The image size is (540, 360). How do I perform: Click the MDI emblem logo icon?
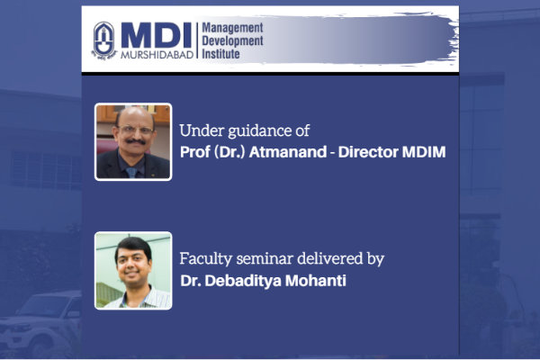pyautogui.click(x=103, y=40)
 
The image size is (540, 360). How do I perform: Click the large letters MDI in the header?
pyautogui.click(x=157, y=35)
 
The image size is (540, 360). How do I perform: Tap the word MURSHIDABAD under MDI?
pyautogui.click(x=157, y=54)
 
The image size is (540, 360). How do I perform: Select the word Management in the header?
pyautogui.click(x=232, y=28)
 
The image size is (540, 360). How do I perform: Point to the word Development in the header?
pyautogui.click(x=232, y=41)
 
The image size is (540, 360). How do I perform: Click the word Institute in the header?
pyautogui.click(x=220, y=54)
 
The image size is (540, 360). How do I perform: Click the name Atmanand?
pyautogui.click(x=288, y=152)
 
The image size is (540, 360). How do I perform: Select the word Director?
pyautogui.click(x=368, y=152)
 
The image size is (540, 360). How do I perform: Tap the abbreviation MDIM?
pyautogui.click(x=424, y=152)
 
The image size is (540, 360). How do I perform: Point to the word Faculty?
pyautogui.click(x=206, y=259)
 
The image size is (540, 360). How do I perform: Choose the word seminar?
pyautogui.click(x=265, y=259)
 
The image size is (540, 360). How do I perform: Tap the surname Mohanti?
pyautogui.click(x=316, y=281)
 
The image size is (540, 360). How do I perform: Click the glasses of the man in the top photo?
pyautogui.click(x=135, y=130)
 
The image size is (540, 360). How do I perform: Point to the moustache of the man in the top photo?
pyautogui.click(x=135, y=141)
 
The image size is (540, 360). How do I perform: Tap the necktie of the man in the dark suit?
pyautogui.click(x=132, y=172)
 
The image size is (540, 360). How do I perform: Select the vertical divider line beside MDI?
pyautogui.click(x=197, y=40)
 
